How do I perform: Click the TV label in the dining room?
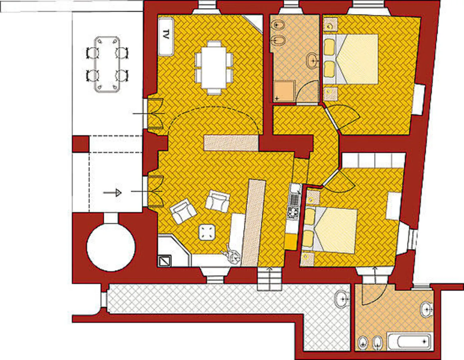(166, 35)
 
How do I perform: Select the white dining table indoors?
(214, 68)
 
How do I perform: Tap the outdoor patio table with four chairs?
(107, 64)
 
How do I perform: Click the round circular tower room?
(111, 247)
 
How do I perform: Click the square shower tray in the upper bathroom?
(284, 91)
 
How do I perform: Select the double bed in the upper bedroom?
(350, 59)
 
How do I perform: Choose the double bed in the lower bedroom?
(329, 230)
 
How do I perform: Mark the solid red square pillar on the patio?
(81, 144)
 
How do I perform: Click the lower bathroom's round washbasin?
(427, 309)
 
